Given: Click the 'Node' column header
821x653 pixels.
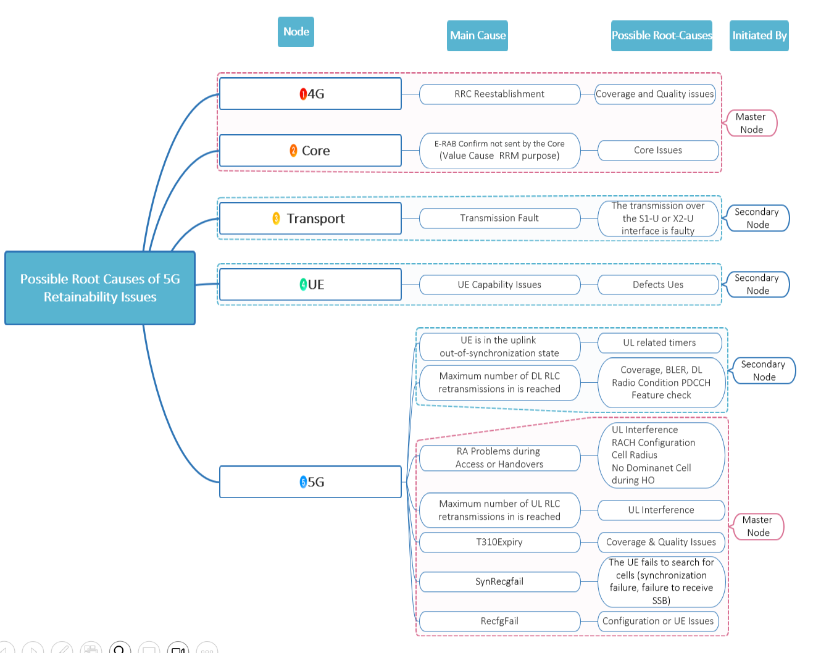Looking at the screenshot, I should (x=296, y=32).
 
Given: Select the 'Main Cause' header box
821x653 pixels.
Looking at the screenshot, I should (x=477, y=36).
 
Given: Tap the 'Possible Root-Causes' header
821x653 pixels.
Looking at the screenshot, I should (x=661, y=36).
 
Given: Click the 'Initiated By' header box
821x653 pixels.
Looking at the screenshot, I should (x=759, y=36).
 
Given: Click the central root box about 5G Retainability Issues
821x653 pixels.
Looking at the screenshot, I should (x=100, y=288).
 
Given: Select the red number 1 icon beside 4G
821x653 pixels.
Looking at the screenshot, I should (x=303, y=94).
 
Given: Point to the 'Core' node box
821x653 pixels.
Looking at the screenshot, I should (x=310, y=151).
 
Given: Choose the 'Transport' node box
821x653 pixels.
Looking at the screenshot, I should (x=310, y=218).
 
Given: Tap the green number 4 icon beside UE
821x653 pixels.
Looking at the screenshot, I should (x=303, y=285).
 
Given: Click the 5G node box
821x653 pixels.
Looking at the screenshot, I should (x=310, y=482).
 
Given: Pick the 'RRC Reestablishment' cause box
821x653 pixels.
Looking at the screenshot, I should (x=499, y=94).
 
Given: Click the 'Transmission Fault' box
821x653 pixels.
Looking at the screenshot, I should (x=499, y=218).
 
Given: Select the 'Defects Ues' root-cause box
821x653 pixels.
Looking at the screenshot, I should (x=658, y=285).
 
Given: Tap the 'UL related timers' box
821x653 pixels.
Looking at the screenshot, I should (x=659, y=343).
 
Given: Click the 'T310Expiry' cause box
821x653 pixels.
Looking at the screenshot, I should (x=499, y=543).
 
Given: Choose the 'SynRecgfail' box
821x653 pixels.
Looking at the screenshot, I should (x=499, y=581).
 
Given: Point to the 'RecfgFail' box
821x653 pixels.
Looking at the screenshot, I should (x=499, y=621).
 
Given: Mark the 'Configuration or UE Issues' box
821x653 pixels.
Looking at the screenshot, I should (x=658, y=621).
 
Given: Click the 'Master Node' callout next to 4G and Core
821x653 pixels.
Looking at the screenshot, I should (x=751, y=123).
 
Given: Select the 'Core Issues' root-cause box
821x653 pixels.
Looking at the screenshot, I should (x=658, y=151).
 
